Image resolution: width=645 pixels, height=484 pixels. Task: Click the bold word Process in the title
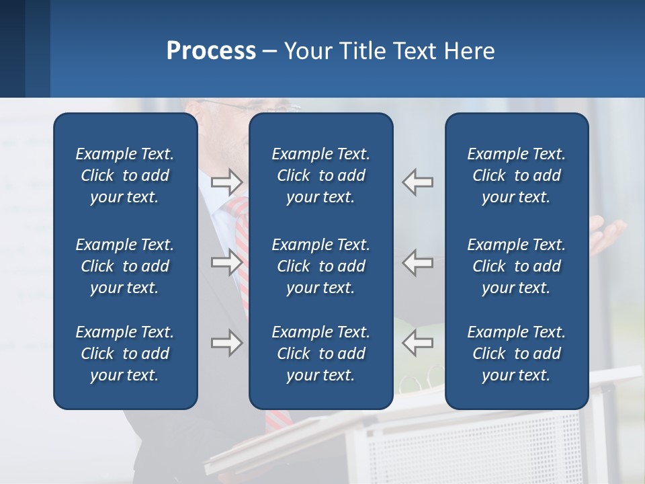[x=211, y=51]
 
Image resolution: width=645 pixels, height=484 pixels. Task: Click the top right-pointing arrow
[x=227, y=182]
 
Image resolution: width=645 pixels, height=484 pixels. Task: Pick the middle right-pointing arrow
[x=227, y=262]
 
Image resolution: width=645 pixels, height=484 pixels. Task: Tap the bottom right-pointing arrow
[x=227, y=343]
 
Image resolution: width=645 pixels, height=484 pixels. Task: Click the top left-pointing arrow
[x=417, y=182]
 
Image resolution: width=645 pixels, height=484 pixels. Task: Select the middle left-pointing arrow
[x=417, y=262]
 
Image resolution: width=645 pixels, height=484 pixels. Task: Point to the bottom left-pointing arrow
[x=417, y=343]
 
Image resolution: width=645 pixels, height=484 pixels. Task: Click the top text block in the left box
[x=125, y=175]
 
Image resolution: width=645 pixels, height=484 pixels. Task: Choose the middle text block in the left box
[x=125, y=266]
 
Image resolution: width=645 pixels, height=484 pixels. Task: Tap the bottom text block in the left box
[x=125, y=354]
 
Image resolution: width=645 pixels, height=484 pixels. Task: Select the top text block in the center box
[x=320, y=175]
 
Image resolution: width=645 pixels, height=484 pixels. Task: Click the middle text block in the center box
[x=320, y=266]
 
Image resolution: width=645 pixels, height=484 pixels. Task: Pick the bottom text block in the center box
[x=320, y=354]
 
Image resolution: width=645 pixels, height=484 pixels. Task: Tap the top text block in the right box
[x=516, y=175]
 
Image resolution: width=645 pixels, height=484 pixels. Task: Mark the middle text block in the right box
[x=516, y=266]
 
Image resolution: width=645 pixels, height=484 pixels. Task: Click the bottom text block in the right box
[x=516, y=354]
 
